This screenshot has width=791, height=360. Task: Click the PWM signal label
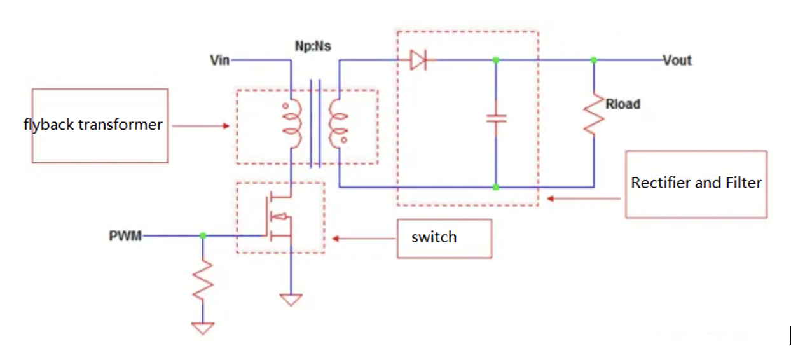pos(125,236)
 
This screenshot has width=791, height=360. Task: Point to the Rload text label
pos(622,104)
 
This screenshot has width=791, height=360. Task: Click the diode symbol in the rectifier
pos(418,60)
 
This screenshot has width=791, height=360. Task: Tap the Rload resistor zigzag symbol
pos(593,114)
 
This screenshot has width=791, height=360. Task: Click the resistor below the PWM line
pos(203,280)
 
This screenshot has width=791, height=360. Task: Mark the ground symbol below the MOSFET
pos(291,298)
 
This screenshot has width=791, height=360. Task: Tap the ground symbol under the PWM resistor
pos(203,328)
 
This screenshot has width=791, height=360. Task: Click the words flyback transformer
pos(93,125)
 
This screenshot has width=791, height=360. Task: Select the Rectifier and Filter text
pos(696,183)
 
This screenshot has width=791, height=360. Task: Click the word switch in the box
pos(434,237)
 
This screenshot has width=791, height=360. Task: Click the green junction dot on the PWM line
pos(203,235)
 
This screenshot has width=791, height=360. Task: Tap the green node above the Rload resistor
pos(593,60)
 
